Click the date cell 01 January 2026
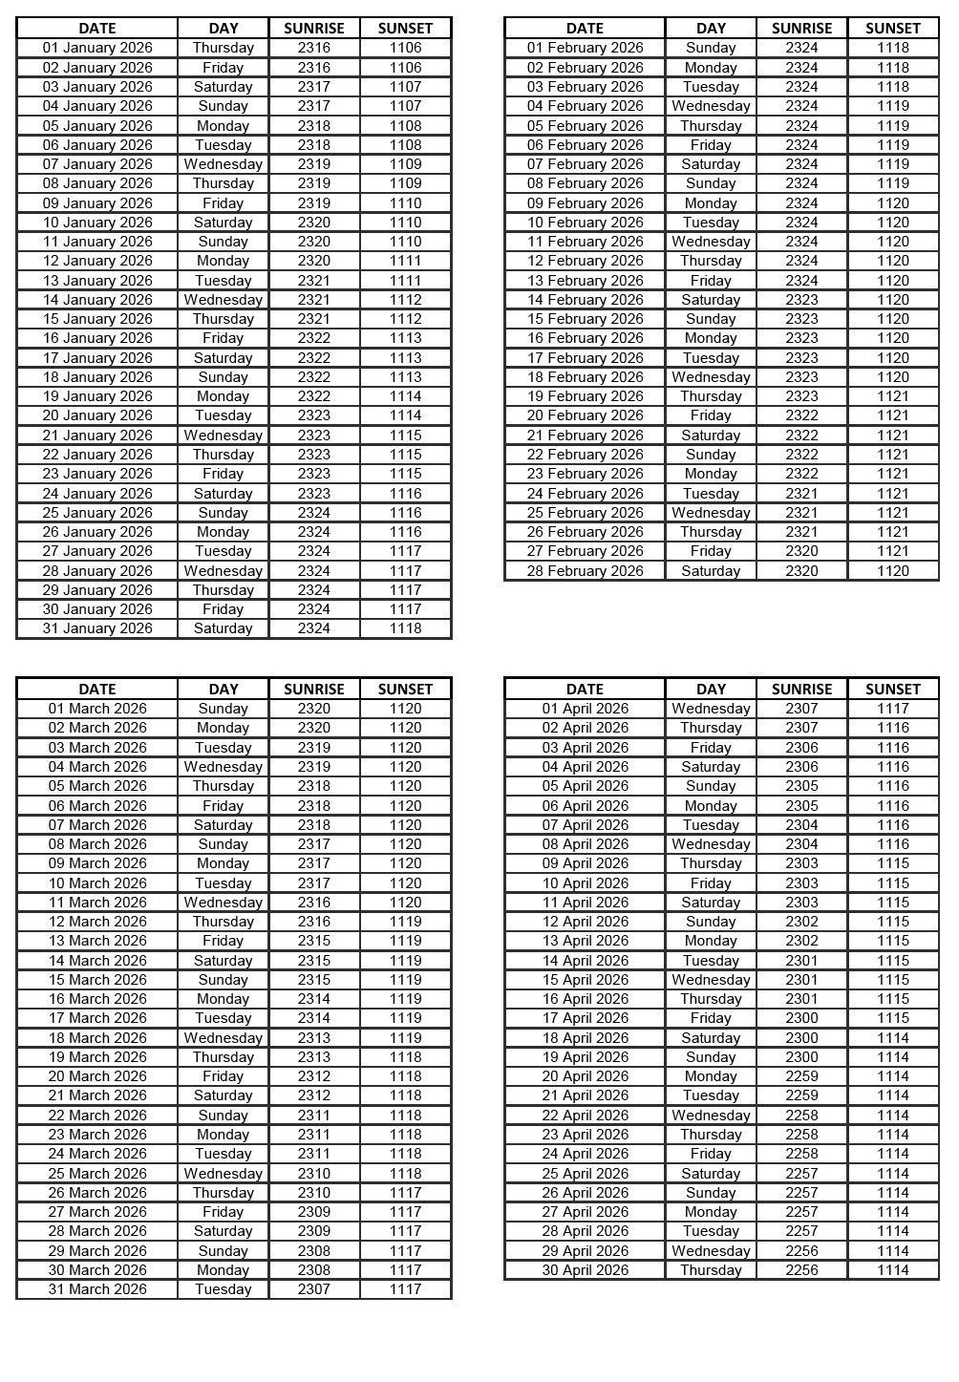click(x=97, y=48)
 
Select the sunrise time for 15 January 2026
click(x=314, y=319)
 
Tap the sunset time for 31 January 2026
click(x=405, y=628)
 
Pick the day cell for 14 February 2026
click(x=711, y=300)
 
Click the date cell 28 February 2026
click(x=585, y=571)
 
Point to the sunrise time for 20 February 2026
click(x=801, y=415)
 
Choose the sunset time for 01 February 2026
click(x=893, y=48)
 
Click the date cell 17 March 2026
click(x=97, y=1018)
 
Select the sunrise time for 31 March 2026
click(x=314, y=1289)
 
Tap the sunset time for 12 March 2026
click(x=405, y=922)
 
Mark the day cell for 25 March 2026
click(x=223, y=1174)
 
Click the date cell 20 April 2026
click(x=585, y=1076)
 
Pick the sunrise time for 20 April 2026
click(x=801, y=1076)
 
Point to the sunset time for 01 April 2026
click(x=893, y=709)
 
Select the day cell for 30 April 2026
click(x=711, y=1270)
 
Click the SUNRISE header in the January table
click(x=314, y=29)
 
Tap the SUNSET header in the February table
click(x=893, y=29)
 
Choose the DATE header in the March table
click(x=97, y=690)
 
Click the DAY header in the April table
click(x=711, y=690)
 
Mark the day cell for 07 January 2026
click(x=223, y=164)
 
